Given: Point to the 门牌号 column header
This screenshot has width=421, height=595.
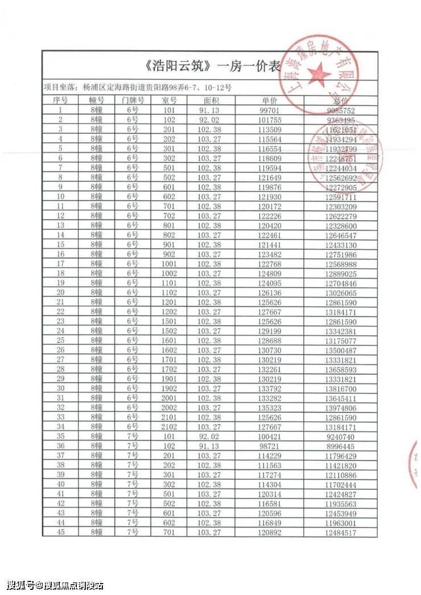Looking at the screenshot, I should pos(133,100).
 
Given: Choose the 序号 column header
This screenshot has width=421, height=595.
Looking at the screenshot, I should pos(60,100).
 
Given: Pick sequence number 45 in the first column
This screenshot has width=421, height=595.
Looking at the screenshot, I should pos(60,532).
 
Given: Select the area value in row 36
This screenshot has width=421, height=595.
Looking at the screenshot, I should pos(208,446).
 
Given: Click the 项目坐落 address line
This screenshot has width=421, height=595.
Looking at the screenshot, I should pos(137,87).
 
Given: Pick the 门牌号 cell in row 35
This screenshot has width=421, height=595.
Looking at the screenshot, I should pos(133,436).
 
